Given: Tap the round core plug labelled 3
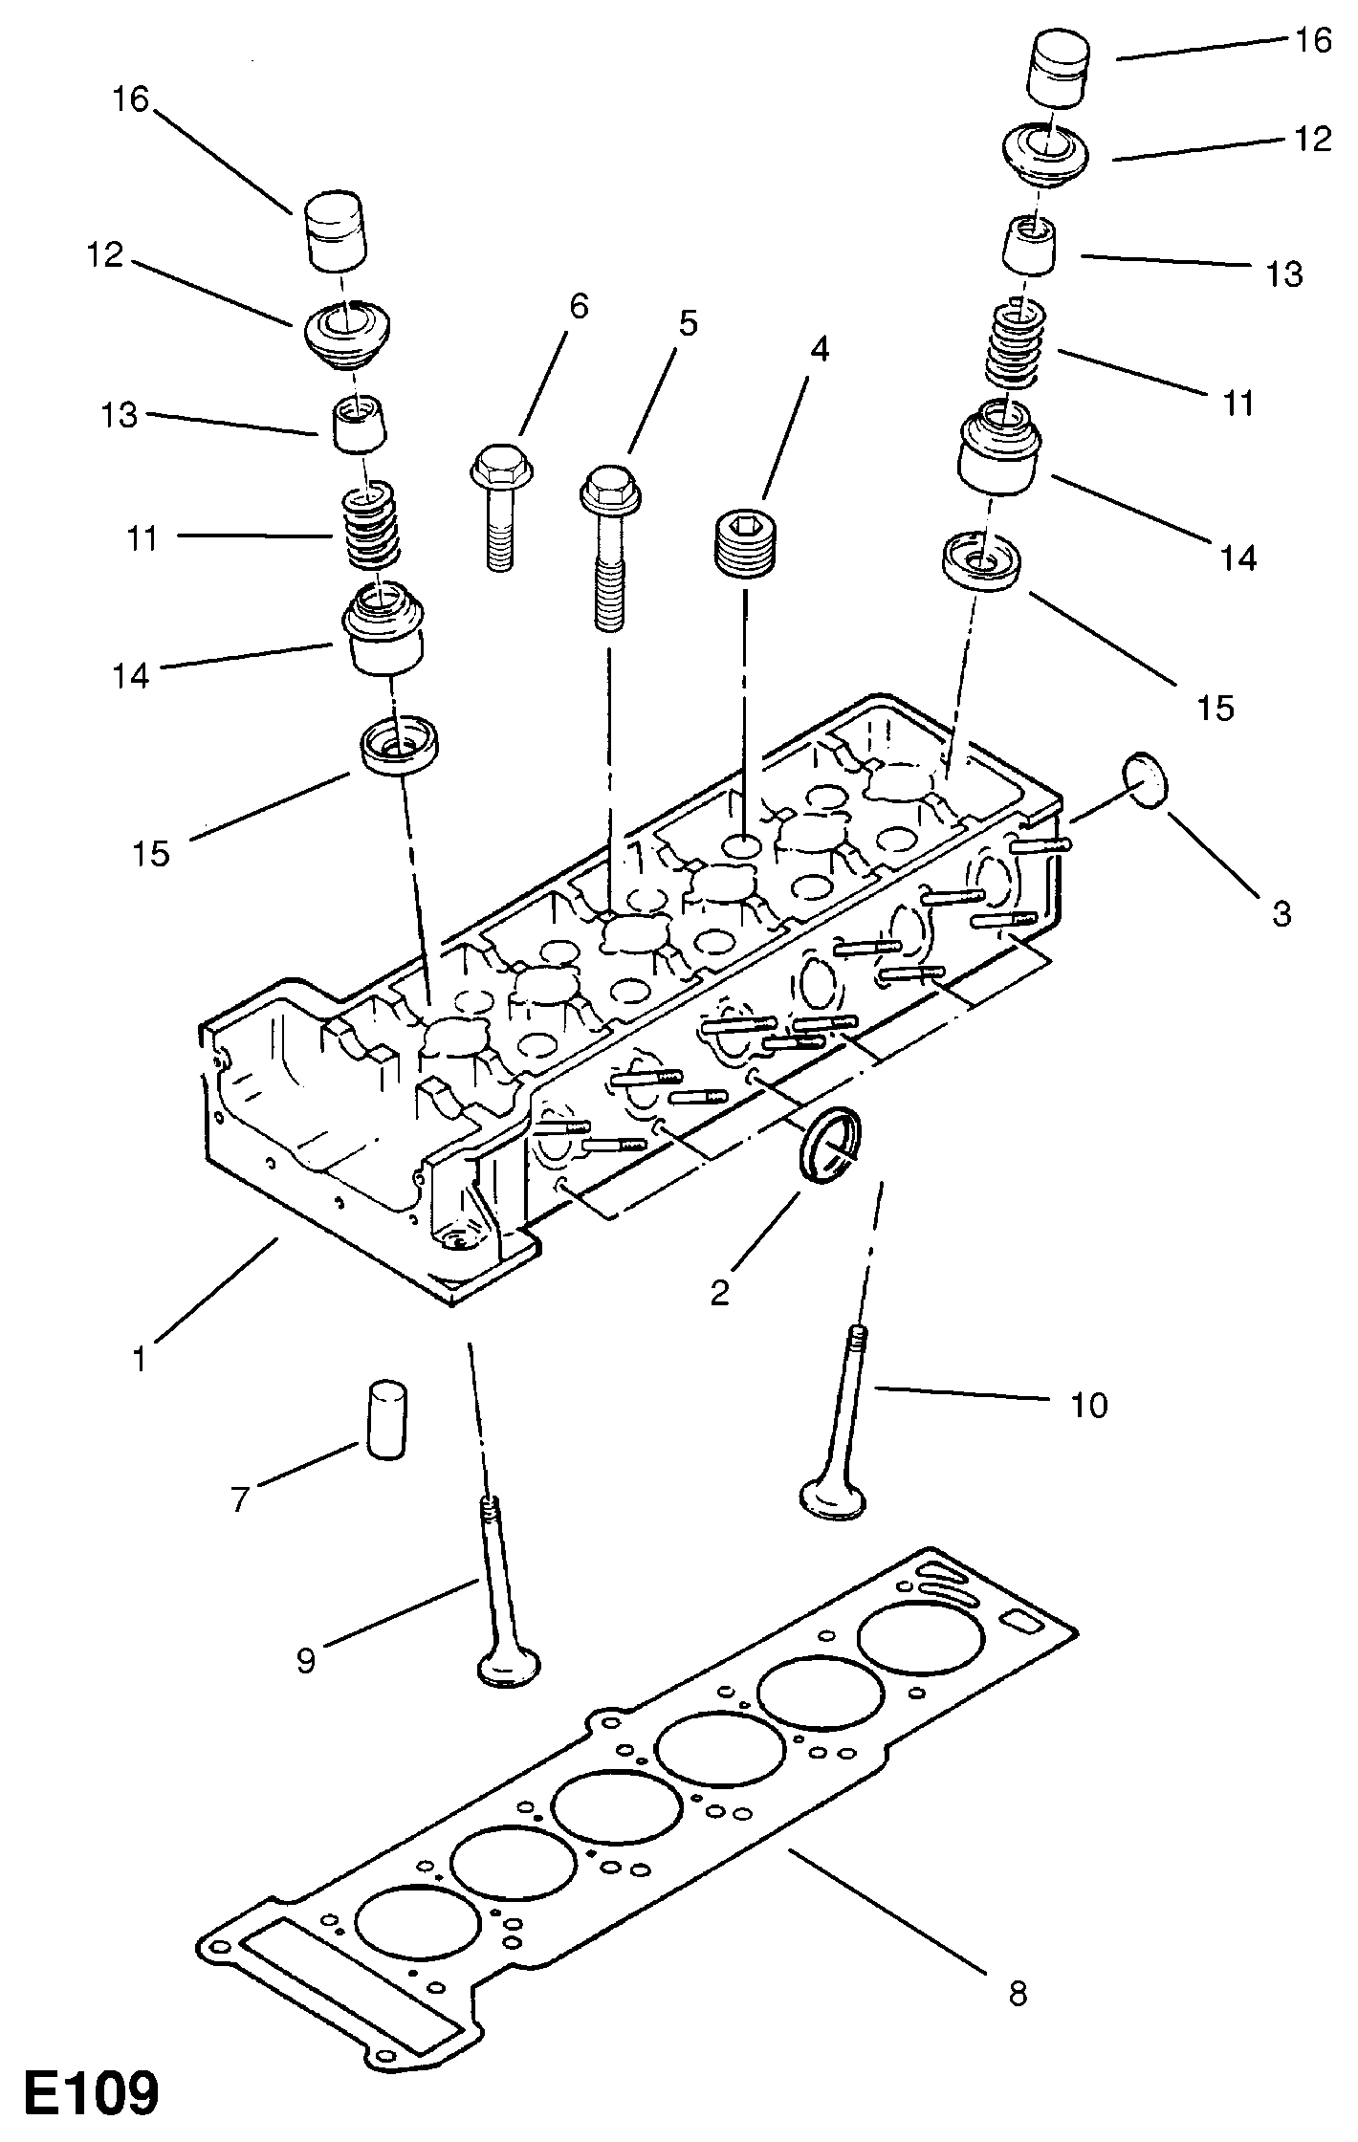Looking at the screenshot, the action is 1147,780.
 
